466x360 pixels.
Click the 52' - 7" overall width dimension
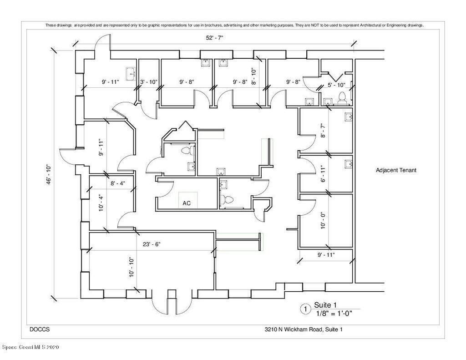pyautogui.click(x=214, y=38)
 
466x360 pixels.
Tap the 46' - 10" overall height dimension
pyautogui.click(x=49, y=175)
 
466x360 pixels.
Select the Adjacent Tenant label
pyautogui.click(x=396, y=170)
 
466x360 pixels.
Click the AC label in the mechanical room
pyautogui.click(x=187, y=203)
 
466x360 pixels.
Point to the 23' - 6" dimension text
pyautogui.click(x=152, y=244)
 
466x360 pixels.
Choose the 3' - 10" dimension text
pyautogui.click(x=149, y=82)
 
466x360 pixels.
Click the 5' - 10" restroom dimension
pyautogui.click(x=336, y=85)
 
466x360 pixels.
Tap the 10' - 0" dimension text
pyautogui.click(x=324, y=220)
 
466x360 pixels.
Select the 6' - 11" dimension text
pyautogui.click(x=324, y=174)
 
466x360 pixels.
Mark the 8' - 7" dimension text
pyautogui.click(x=324, y=131)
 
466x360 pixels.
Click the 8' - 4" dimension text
pyautogui.click(x=118, y=183)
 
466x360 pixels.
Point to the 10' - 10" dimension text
pyautogui.click(x=132, y=268)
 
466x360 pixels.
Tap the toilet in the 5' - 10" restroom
pyautogui.click(x=342, y=98)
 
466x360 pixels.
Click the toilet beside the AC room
pyautogui.click(x=228, y=199)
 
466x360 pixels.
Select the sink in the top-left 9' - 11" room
pyautogui.click(x=131, y=74)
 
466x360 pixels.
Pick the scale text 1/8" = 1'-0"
pyautogui.click(x=334, y=313)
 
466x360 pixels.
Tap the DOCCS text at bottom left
pyautogui.click(x=40, y=330)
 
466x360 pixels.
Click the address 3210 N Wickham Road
pyautogui.click(x=294, y=330)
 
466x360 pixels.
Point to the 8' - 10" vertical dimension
pyautogui.click(x=253, y=76)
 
